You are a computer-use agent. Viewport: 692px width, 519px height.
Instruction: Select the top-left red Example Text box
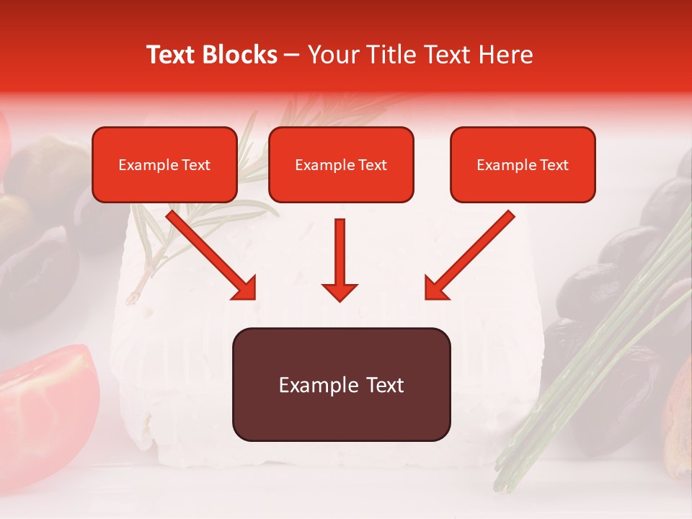coord(164,164)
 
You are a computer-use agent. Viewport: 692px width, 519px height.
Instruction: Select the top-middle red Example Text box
coord(341,164)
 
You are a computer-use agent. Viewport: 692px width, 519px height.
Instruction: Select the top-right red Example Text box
coord(523,164)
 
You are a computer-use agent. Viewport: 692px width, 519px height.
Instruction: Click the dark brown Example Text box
coord(341,384)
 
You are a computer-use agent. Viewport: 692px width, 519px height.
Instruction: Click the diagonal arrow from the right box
coord(470,254)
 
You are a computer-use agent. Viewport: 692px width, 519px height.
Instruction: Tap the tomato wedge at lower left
coord(47,404)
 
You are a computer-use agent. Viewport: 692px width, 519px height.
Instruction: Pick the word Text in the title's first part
coord(171,55)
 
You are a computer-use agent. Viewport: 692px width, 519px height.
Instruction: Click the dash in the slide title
coord(292,56)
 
